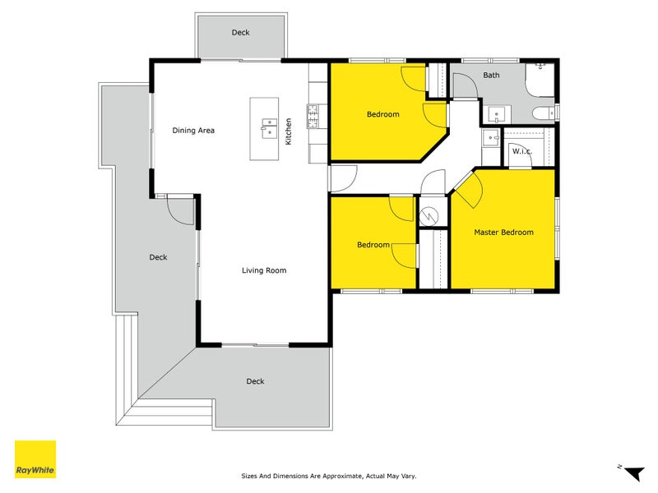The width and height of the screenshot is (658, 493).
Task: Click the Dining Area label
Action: click(193, 130)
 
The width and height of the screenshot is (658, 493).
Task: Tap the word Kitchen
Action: click(289, 131)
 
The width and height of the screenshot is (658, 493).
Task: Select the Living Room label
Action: click(263, 270)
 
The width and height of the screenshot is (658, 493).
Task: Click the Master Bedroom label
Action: click(503, 233)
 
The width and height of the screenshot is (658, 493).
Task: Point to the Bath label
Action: click(491, 76)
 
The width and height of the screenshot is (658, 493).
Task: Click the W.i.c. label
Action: click(521, 151)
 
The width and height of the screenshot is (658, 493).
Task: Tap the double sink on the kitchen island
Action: click(267, 125)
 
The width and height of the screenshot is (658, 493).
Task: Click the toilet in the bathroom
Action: click(542, 113)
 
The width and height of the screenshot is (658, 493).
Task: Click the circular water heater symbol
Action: click(429, 214)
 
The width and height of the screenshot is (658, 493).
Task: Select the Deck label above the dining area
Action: click(240, 33)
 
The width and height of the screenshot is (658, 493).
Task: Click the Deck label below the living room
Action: click(255, 381)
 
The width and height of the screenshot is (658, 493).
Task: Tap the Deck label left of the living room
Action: click(158, 257)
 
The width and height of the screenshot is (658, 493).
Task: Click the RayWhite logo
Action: click(35, 459)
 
